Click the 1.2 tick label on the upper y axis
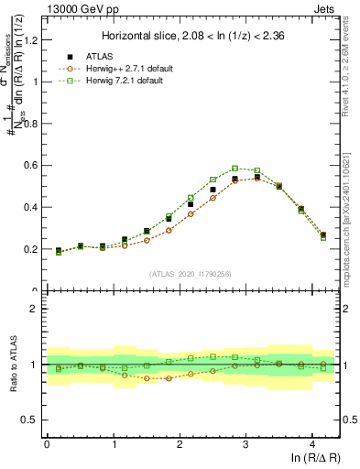point(31,39)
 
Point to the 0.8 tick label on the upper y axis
point(31,124)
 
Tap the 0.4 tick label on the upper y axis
point(31,207)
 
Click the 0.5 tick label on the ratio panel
point(31,420)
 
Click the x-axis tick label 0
point(47,443)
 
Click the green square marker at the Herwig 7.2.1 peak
point(235,169)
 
